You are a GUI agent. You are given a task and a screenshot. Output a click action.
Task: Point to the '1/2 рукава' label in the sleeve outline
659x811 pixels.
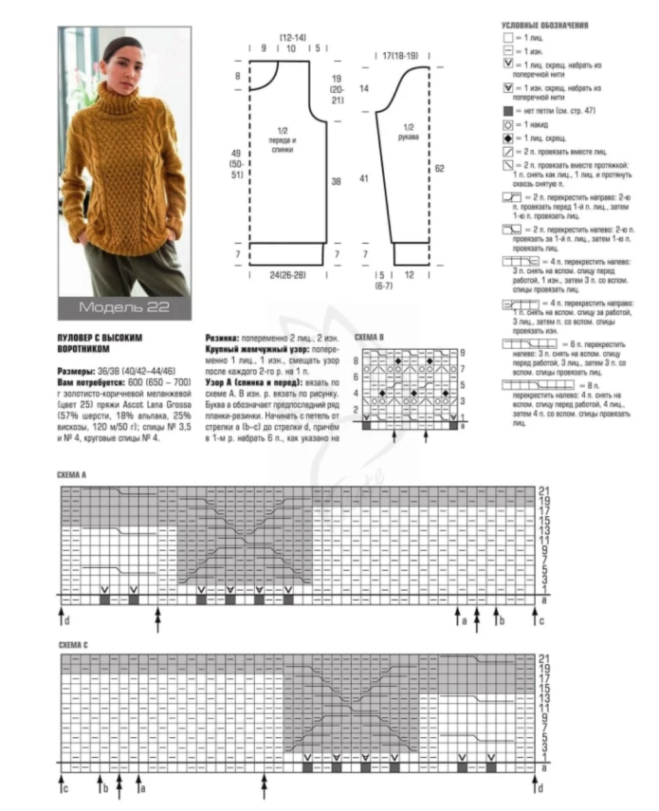[410, 132]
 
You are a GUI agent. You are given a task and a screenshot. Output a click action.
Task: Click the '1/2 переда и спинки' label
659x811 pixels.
[281, 141]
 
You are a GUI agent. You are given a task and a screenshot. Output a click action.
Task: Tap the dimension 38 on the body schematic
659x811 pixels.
[336, 181]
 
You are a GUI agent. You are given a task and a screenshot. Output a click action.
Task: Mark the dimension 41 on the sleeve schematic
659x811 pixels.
[364, 177]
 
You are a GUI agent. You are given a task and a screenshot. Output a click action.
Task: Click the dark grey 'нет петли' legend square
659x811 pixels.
[508, 111]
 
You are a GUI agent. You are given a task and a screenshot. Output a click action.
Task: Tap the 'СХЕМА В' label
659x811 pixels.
[369, 338]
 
